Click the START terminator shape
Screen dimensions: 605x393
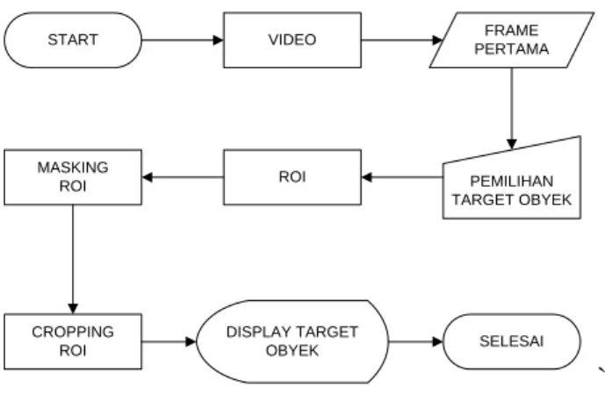coord(73,40)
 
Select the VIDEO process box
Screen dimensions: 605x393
coord(292,40)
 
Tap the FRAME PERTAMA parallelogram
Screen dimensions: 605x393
coord(512,40)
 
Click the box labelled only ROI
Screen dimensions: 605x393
coord(292,177)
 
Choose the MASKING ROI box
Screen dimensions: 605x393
coord(73,177)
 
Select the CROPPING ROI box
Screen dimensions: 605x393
coord(73,341)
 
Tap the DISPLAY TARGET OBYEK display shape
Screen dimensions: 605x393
coord(292,341)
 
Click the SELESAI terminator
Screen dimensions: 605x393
coord(512,341)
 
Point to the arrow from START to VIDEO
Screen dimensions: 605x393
coord(183,40)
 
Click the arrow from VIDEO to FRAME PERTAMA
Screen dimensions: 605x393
coord(401,40)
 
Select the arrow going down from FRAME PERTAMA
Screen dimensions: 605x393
coord(512,109)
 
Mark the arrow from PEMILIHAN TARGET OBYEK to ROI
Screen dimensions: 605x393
coord(402,177)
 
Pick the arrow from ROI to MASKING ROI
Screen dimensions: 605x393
coord(183,177)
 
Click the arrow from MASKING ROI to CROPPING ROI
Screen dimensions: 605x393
coord(73,260)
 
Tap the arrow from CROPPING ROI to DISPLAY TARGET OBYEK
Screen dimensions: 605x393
coord(169,341)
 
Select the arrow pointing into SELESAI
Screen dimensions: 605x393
coord(416,341)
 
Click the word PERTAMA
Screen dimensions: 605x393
coord(512,49)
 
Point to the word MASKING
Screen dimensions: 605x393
coord(73,168)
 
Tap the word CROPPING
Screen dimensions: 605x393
coord(73,332)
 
